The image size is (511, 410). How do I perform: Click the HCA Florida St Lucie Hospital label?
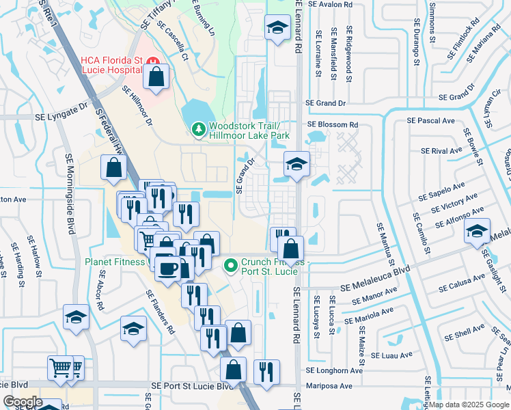tap(110, 66)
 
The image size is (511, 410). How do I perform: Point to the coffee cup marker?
tap(168, 268)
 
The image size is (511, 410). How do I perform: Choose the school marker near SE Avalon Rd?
tap(277, 28)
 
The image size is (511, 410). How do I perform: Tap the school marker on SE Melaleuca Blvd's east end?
tap(478, 232)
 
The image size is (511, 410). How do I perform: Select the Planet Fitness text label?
tap(115, 261)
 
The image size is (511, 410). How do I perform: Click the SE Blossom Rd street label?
tap(333, 125)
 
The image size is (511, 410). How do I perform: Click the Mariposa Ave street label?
tap(329, 386)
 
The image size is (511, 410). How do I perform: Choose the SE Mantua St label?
tap(385, 243)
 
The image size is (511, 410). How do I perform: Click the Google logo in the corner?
tap(23, 401)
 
